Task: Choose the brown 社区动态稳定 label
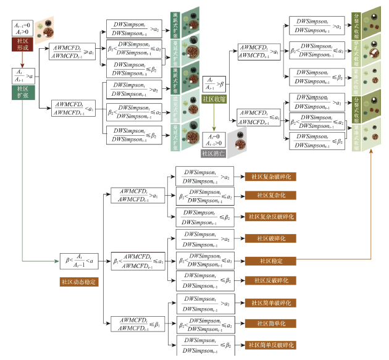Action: [x=77, y=282]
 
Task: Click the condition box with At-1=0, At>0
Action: [x=22, y=28]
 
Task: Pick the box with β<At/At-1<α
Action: [x=78, y=262]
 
